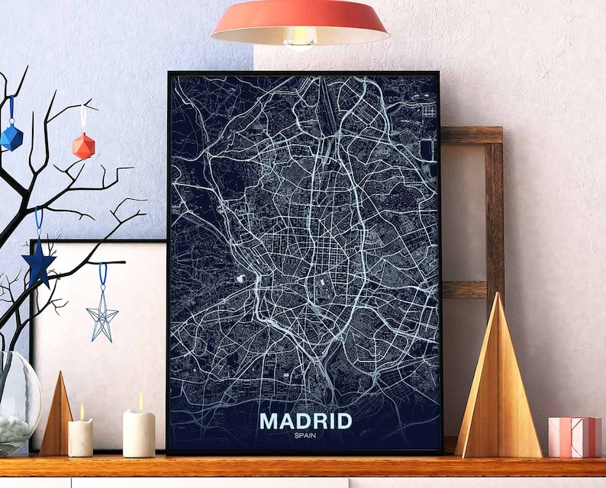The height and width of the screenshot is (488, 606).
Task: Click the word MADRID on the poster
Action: (305, 421)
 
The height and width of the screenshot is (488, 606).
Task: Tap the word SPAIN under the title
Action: (305, 435)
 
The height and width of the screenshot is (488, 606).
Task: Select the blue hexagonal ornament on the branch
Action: (11, 137)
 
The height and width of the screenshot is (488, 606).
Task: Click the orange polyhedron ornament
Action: (84, 146)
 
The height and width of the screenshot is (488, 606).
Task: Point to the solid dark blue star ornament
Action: (38, 264)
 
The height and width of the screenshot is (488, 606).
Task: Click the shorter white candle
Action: (80, 438)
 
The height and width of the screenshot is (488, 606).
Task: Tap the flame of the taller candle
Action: (140, 400)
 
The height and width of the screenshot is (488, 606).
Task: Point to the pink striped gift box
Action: (574, 437)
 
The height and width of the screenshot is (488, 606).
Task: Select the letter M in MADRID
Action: (268, 421)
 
